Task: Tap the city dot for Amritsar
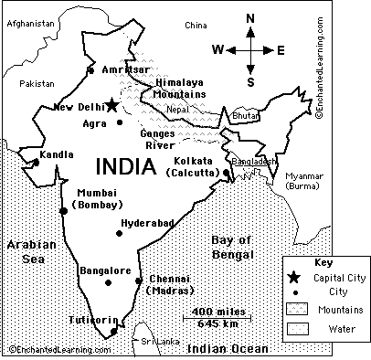click(x=90, y=69)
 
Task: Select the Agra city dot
click(x=120, y=122)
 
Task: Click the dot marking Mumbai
click(x=63, y=211)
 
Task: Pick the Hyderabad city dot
click(x=119, y=233)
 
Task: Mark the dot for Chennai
click(x=139, y=281)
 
